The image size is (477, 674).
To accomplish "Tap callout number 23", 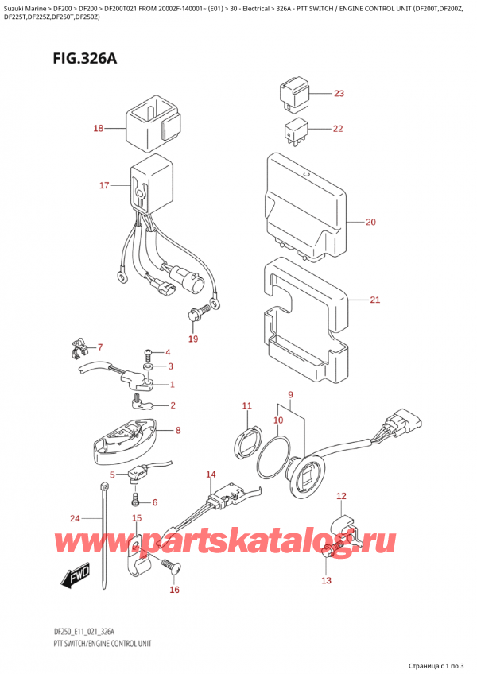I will pos(339,94).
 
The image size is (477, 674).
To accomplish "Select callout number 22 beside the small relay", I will pos(338,129).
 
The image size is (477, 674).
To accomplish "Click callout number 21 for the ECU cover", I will pos(375,300).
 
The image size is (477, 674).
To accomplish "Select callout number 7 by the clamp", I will pos(100,347).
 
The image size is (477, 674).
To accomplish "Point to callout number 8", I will pos(178,431).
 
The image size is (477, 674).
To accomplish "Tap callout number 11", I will pos(247,406).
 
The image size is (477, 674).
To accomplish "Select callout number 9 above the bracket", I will pos(291,395).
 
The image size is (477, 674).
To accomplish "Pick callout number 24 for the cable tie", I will pos(74,519).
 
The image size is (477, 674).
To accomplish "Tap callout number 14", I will pos(211,475).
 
